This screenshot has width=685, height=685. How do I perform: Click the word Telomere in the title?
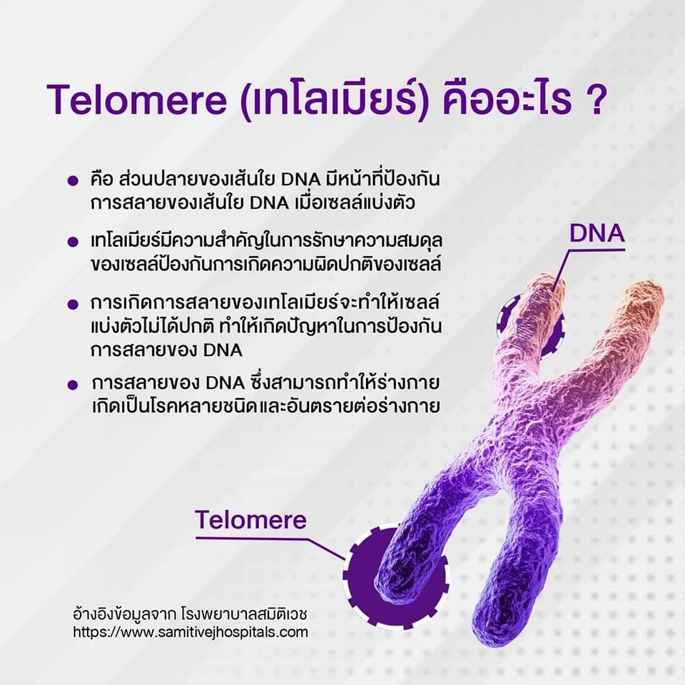click(x=137, y=101)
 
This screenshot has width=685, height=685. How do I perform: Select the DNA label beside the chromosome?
click(x=597, y=233)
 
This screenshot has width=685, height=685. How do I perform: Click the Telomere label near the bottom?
click(x=250, y=519)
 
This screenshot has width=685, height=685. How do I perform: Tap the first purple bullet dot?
click(x=73, y=181)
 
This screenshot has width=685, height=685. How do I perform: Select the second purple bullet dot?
click(x=73, y=242)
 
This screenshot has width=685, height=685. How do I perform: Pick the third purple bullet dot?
click(x=73, y=304)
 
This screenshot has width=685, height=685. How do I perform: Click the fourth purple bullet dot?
click(x=73, y=385)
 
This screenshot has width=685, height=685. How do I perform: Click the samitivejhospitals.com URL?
click(x=191, y=632)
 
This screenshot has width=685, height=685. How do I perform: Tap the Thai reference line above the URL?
click(x=190, y=614)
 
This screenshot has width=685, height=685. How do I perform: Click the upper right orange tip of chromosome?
click(x=646, y=299)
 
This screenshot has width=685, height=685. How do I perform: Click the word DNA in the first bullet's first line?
click(x=301, y=180)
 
